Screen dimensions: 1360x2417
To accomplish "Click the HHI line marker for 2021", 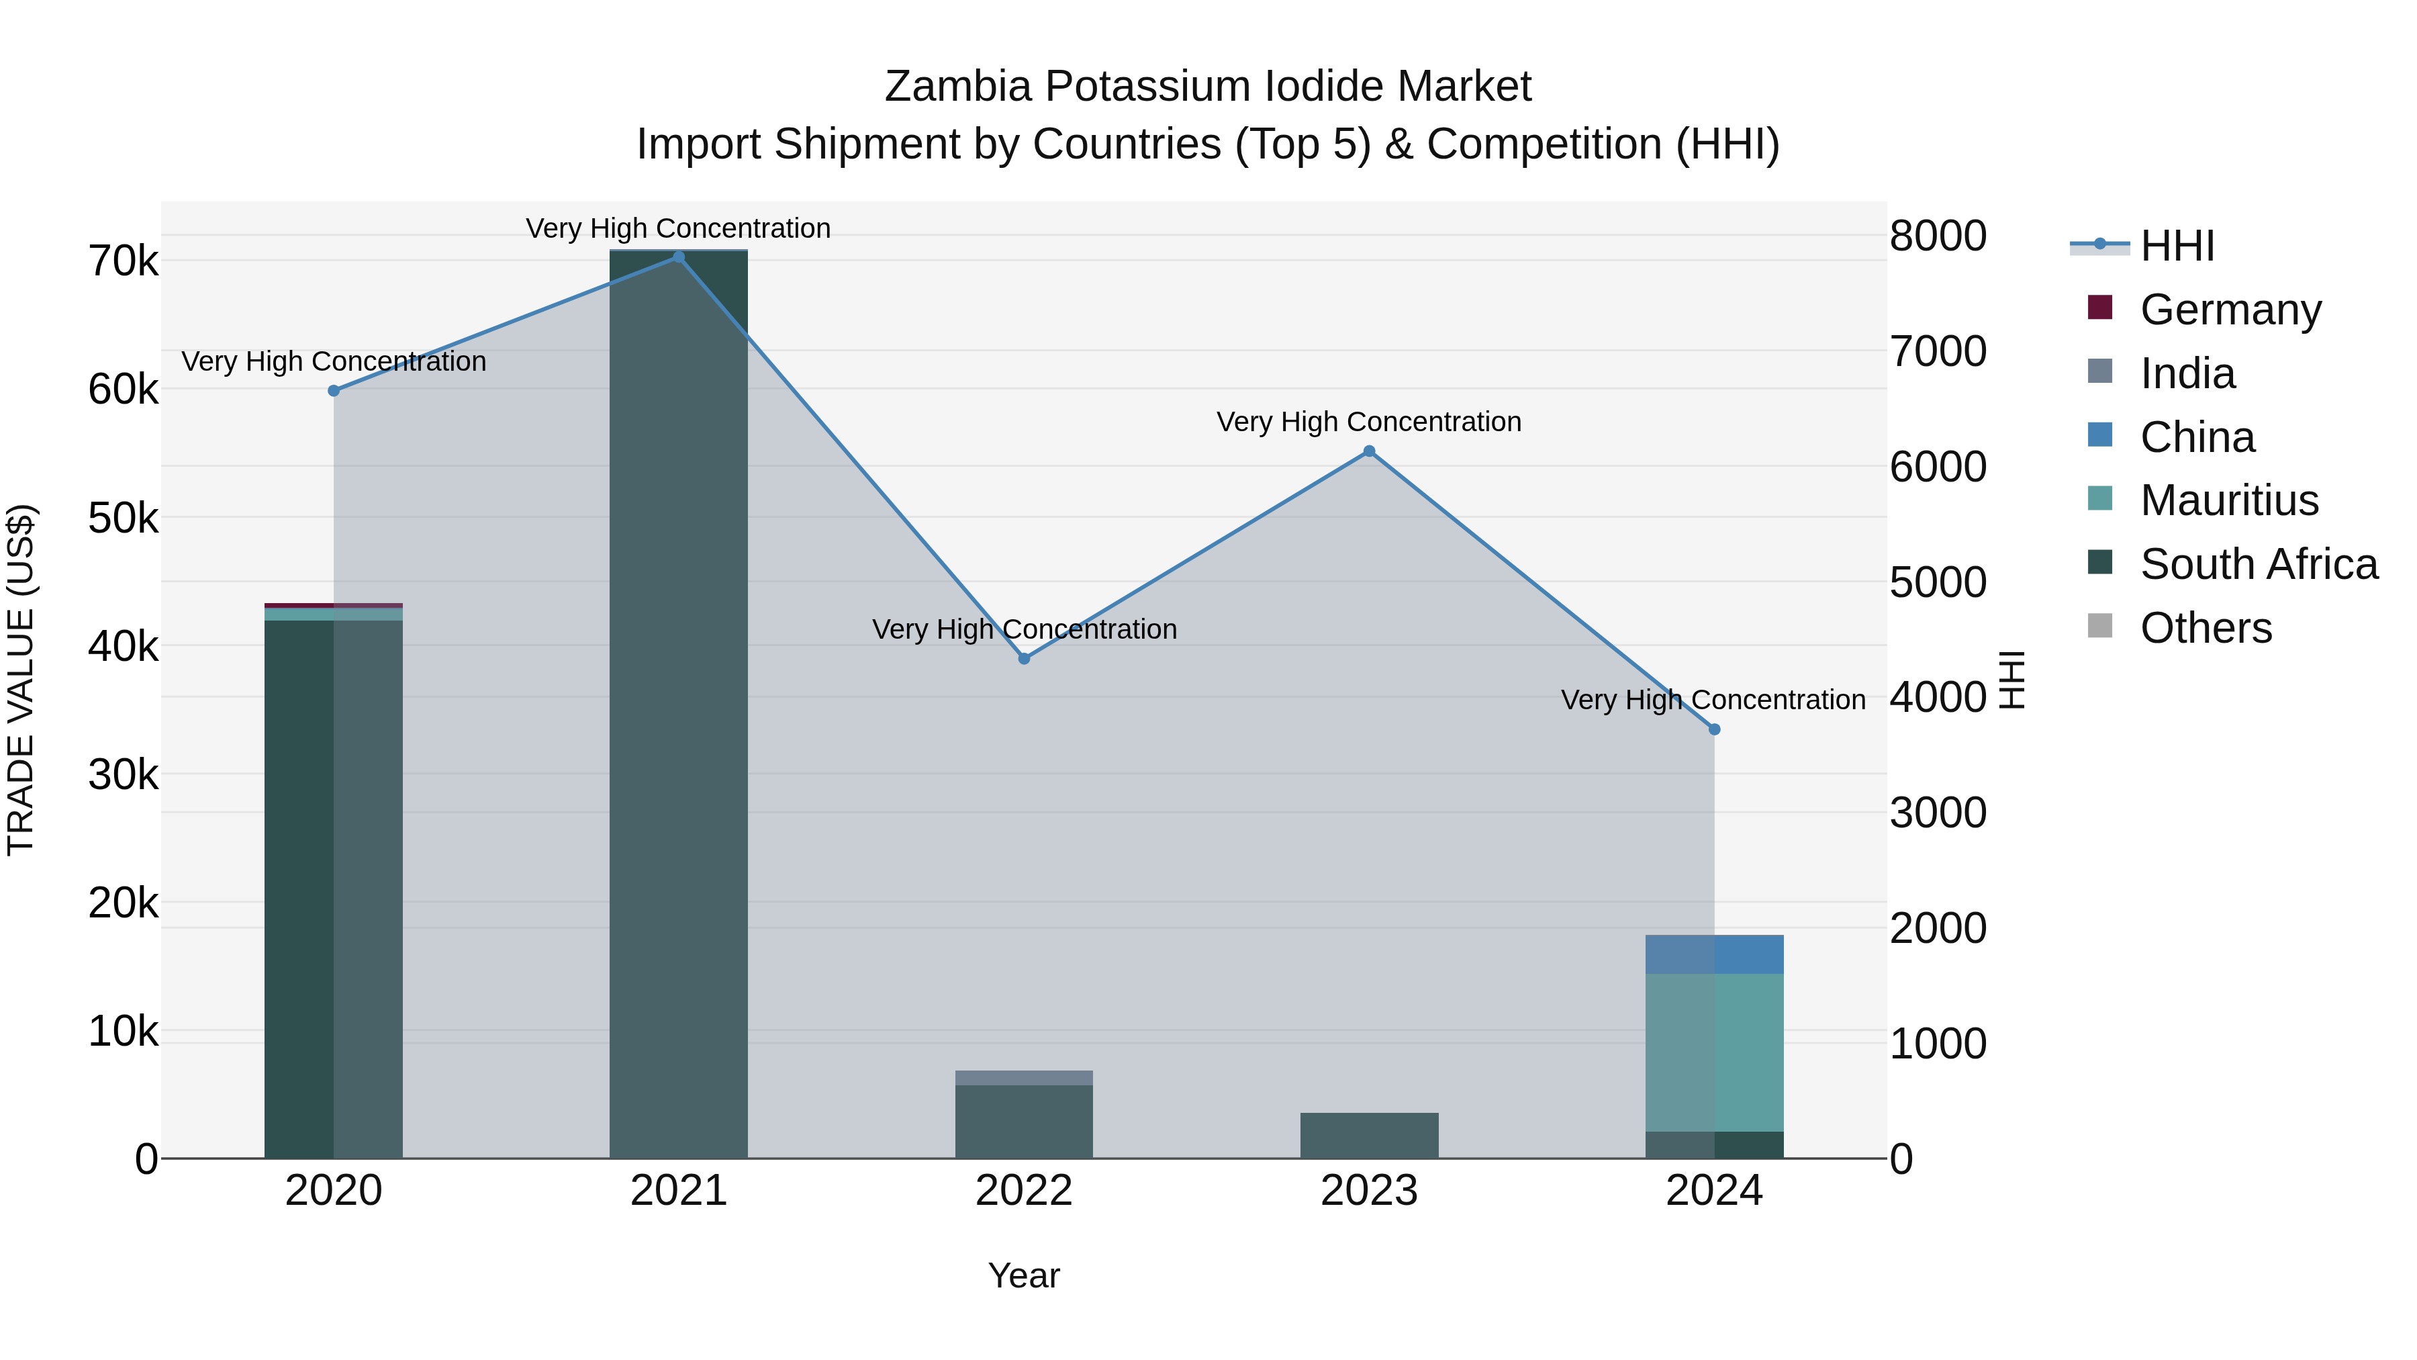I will (x=678, y=257).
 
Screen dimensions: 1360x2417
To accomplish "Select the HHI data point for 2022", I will (x=1024, y=659).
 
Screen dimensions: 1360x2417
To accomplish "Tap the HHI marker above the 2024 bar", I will (x=1714, y=729).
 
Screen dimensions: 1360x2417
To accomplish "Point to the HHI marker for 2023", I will (x=1369, y=451).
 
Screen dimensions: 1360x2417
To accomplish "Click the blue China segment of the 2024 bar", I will (x=1714, y=954).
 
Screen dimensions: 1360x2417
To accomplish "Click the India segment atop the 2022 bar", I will (x=1024, y=1077).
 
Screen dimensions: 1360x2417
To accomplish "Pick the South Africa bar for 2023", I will (x=1369, y=1136).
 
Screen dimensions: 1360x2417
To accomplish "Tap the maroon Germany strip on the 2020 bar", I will (x=333, y=605).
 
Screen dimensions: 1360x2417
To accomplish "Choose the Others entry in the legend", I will (x=2205, y=628).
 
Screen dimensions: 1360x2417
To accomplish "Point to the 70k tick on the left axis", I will (x=123, y=262).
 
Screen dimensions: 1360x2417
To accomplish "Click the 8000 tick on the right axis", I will (x=1938, y=236).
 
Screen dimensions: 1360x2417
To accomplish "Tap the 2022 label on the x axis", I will (x=1024, y=1191).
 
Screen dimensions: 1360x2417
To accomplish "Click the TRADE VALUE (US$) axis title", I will (x=21, y=680).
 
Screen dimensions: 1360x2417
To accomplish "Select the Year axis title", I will (x=1024, y=1275).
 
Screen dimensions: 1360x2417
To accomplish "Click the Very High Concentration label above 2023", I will (x=1369, y=422).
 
